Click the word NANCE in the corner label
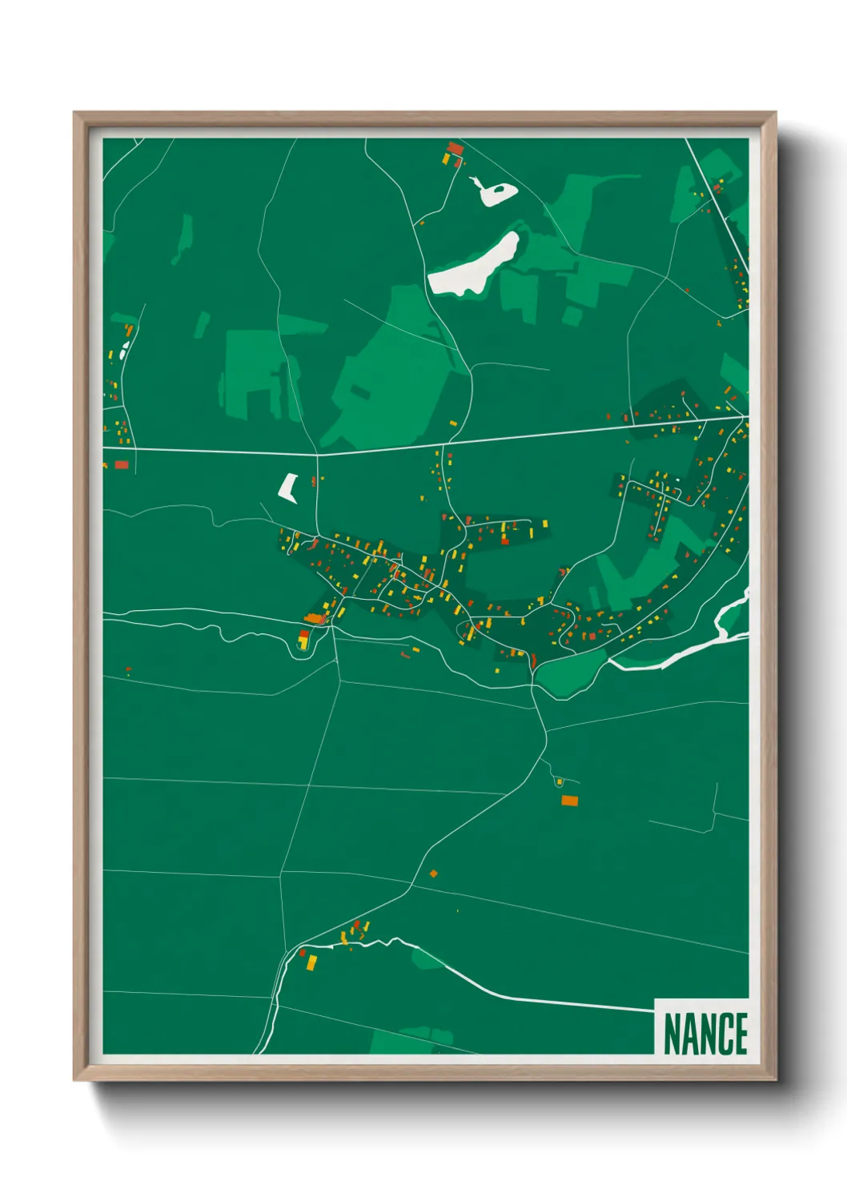pyautogui.click(x=704, y=1034)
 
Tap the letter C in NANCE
pyautogui.click(x=721, y=1034)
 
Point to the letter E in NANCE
pyautogui.click(x=740, y=1034)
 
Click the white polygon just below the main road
pyautogui.click(x=288, y=487)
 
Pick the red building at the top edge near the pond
pyautogui.click(x=455, y=148)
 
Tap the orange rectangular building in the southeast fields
pyautogui.click(x=569, y=800)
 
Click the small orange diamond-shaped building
pyautogui.click(x=433, y=874)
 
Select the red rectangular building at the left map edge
pyautogui.click(x=121, y=464)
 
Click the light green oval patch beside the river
pyautogui.click(x=570, y=672)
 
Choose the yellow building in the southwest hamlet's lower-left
pyautogui.click(x=312, y=962)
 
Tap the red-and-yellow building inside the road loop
pyautogui.click(x=303, y=640)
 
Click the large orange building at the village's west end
pyautogui.click(x=315, y=618)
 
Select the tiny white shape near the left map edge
pyautogui.click(x=123, y=351)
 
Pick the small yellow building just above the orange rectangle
pyautogui.click(x=560, y=782)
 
